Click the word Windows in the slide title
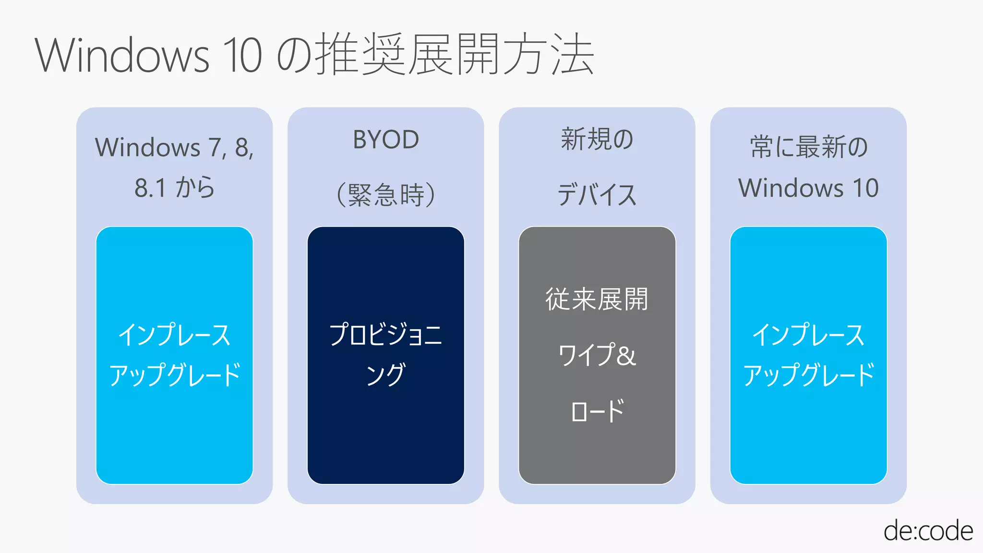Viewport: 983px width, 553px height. [x=122, y=55]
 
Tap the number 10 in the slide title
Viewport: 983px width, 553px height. [x=243, y=55]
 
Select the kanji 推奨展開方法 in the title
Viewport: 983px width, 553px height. [x=454, y=54]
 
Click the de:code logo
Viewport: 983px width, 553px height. [x=928, y=531]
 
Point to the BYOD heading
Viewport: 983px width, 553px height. [x=386, y=140]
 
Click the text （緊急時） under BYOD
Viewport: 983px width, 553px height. [x=386, y=195]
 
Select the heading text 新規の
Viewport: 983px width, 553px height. [x=597, y=139]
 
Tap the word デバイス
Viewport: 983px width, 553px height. [x=597, y=195]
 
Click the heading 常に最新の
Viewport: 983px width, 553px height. [x=809, y=147]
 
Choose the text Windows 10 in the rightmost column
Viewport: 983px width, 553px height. [x=809, y=188]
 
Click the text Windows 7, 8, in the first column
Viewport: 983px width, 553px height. [x=174, y=147]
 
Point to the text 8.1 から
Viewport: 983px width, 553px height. [x=174, y=188]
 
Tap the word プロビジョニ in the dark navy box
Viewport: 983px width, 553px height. [x=386, y=335]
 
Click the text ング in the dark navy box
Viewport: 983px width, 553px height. [x=386, y=374]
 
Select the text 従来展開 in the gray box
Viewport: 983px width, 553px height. [x=597, y=299]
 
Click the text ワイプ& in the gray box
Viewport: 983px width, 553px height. [x=597, y=355]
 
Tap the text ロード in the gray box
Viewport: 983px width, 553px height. [x=597, y=411]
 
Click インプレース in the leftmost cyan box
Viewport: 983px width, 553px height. [x=174, y=335]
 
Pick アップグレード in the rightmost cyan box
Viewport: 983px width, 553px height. [x=809, y=374]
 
